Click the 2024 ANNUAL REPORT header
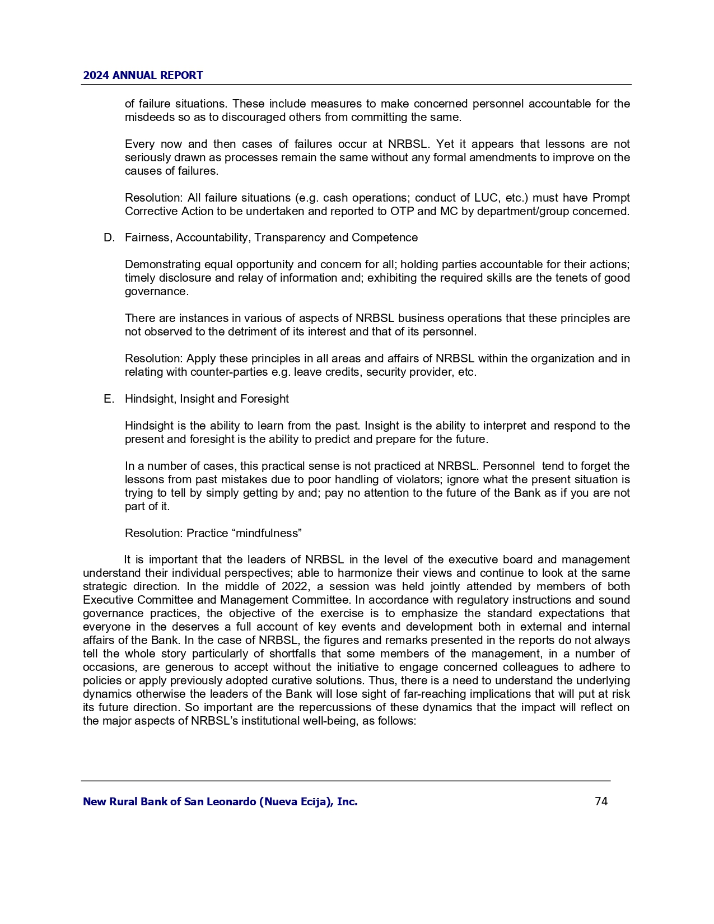(x=143, y=76)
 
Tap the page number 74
(x=601, y=801)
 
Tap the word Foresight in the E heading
(x=264, y=399)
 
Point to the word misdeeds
(x=147, y=117)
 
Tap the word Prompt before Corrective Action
(x=611, y=198)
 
